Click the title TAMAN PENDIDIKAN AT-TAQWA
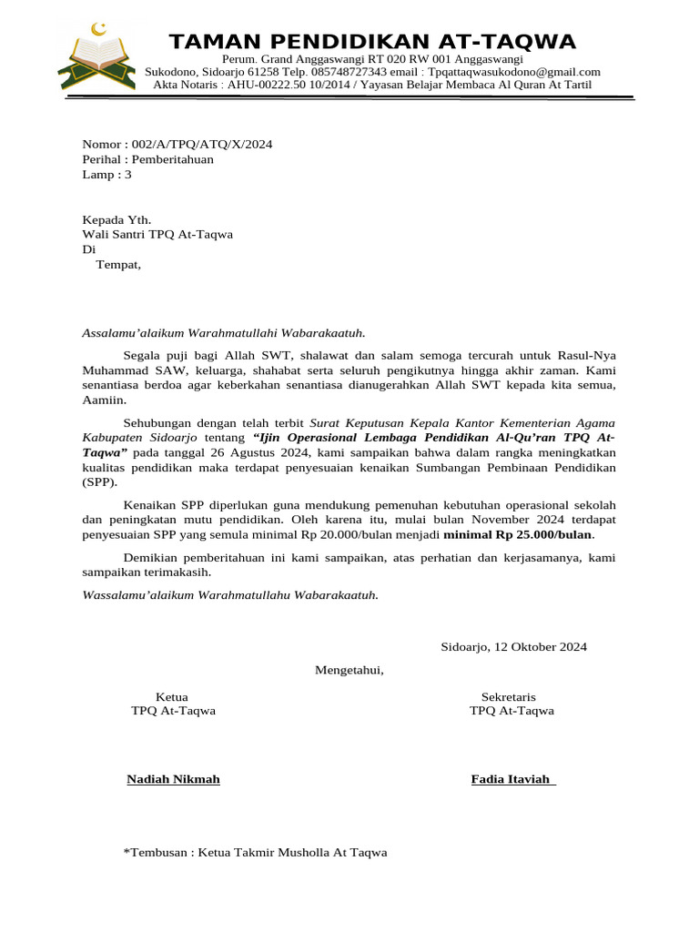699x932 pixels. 373,42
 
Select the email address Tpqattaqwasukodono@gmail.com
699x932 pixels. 514,72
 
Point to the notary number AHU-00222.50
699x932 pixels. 265,85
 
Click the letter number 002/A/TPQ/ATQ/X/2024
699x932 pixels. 202,145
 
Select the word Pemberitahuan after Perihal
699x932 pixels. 173,159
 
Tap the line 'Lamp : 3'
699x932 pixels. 107,174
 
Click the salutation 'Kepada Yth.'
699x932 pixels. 116,219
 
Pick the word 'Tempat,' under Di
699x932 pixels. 118,265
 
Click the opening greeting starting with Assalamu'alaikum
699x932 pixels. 229,334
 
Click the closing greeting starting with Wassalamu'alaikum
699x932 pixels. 230,594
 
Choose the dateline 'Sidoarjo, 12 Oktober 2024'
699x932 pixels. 513,647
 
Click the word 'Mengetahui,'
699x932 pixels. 349,671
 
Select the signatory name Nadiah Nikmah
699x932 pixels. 173,779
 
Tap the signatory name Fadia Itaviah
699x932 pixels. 512,779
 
